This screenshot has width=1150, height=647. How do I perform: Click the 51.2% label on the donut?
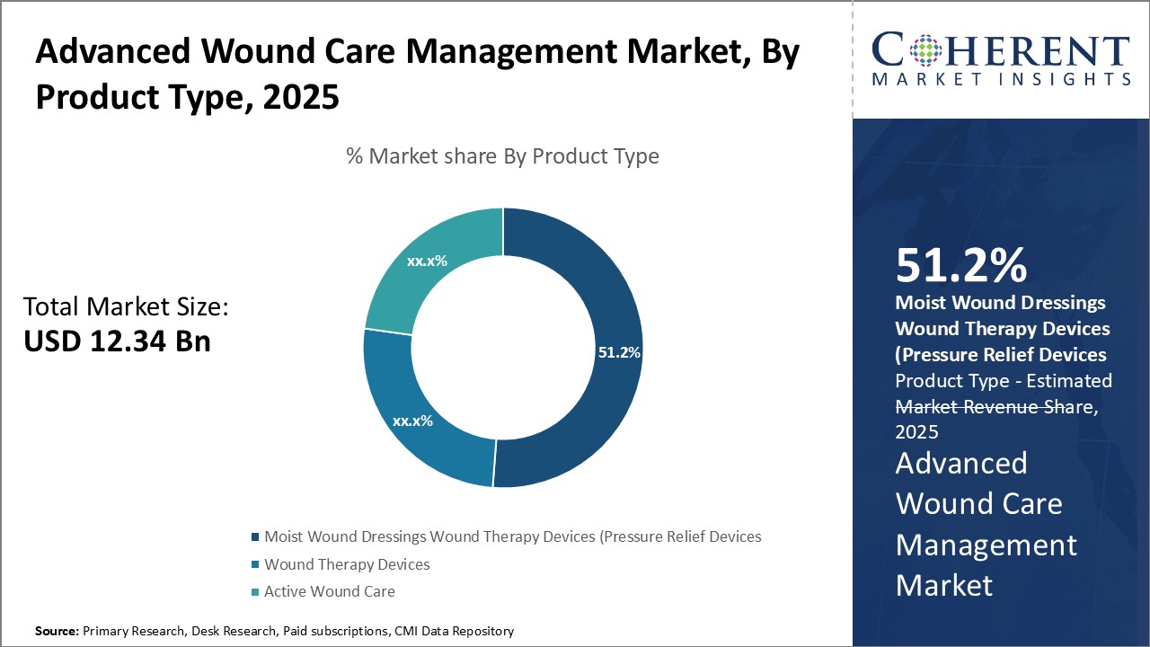tap(619, 352)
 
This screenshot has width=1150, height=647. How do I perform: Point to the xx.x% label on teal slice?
tap(427, 261)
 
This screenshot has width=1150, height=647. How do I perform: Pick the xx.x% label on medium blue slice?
tap(412, 420)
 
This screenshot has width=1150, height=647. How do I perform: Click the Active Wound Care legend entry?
tap(329, 591)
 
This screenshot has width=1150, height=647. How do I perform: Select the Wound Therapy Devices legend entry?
tap(347, 564)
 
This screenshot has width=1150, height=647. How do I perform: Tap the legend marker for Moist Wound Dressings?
tap(255, 537)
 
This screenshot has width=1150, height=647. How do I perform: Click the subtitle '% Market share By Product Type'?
tap(502, 156)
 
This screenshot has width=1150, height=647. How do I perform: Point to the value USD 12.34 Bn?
tap(117, 341)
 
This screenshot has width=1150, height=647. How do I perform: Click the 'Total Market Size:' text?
tap(126, 307)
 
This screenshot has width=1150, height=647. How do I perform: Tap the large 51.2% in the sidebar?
tap(960, 266)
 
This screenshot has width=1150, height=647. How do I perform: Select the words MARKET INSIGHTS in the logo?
tap(1000, 79)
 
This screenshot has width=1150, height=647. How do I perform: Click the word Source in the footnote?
tap(56, 632)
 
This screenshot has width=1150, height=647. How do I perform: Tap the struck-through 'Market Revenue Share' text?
tap(994, 406)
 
